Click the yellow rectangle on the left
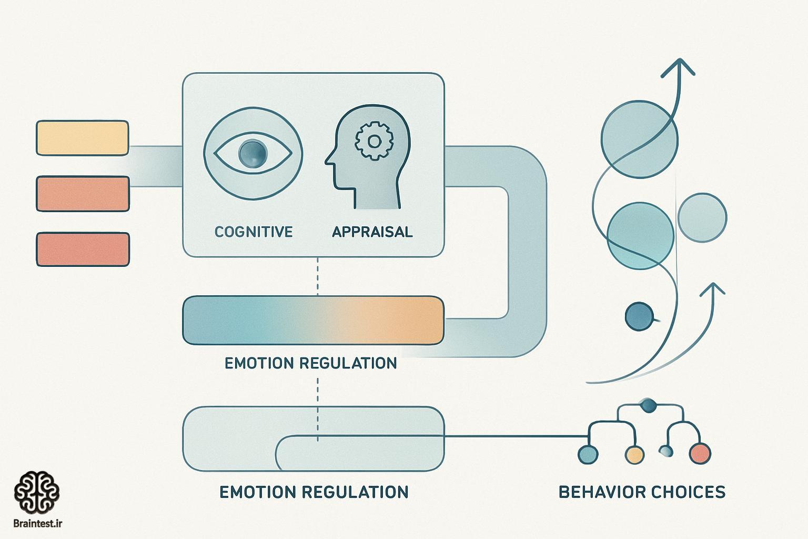[x=83, y=138]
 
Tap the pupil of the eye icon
[x=253, y=153]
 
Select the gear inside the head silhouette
[x=374, y=141]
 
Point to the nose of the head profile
[x=328, y=161]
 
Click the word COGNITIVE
[x=253, y=232]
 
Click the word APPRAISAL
[x=372, y=232]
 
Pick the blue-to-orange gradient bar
[x=313, y=320]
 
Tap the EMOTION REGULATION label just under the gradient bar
[x=310, y=363]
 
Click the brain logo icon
[x=37, y=493]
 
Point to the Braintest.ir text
[x=37, y=524]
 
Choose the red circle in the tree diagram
[x=700, y=453]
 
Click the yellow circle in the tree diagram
[x=634, y=455]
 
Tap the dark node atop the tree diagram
[x=648, y=405]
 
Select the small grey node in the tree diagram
[x=666, y=451]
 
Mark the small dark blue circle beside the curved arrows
[x=639, y=316]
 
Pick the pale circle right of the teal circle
[x=702, y=218]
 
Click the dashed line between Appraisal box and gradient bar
[x=317, y=276]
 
